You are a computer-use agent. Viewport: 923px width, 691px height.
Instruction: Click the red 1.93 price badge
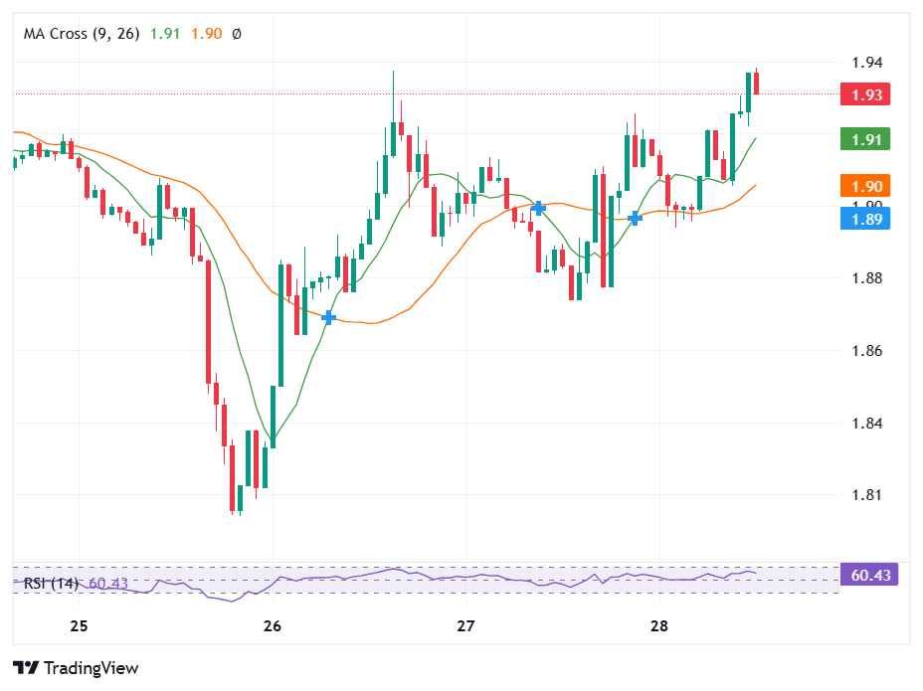coord(864,94)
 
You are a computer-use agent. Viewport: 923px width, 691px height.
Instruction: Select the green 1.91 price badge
coord(864,139)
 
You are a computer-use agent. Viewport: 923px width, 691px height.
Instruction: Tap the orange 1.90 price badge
coord(864,186)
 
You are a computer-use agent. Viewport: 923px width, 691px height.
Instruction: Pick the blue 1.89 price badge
coord(864,218)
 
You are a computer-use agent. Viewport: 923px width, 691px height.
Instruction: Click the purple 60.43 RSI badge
coord(869,575)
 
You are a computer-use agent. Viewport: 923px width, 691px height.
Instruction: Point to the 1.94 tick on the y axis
coord(867,63)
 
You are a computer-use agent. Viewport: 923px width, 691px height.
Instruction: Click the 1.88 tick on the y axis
coord(867,278)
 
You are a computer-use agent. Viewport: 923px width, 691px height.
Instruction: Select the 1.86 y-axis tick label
coord(867,351)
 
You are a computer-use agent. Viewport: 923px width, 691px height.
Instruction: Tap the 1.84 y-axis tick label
coord(867,424)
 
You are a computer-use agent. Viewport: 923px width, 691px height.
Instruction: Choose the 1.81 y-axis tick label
coord(867,495)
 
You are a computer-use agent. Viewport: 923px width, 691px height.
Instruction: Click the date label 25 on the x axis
coord(80,626)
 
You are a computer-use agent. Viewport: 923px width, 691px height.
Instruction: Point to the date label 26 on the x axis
coord(273,626)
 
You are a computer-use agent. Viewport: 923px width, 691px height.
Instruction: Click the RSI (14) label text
coord(51,584)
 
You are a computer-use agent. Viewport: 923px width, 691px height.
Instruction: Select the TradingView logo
coord(76,668)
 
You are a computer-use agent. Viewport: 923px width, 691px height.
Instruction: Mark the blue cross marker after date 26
coord(329,317)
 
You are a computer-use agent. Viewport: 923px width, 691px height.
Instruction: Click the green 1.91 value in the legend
coord(165,34)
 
